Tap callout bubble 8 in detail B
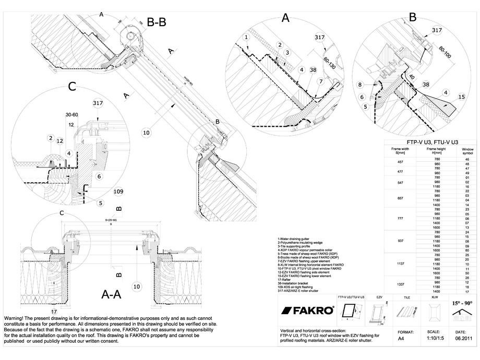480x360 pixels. tap(360, 84)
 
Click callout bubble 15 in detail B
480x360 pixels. tap(462, 96)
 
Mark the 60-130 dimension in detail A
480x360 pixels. tap(329, 64)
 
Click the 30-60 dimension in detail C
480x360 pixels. tap(71, 114)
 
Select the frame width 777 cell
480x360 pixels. tap(400, 219)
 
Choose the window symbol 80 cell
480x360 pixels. tap(467, 250)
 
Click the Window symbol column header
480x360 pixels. tap(467, 151)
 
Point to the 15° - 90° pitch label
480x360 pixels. tap(462, 303)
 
